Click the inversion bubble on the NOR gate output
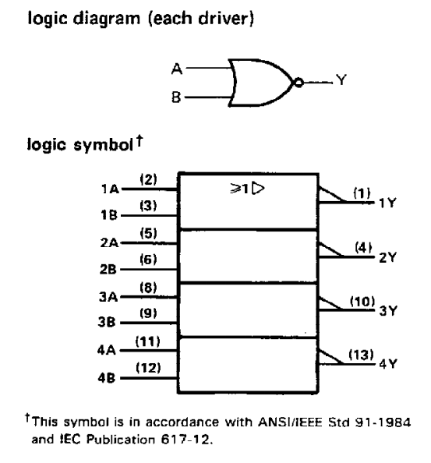point(299,83)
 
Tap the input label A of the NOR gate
point(177,69)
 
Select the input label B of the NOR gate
point(176,97)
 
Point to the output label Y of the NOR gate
point(341,80)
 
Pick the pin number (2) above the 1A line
point(149,179)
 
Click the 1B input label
point(109,215)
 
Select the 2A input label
point(109,242)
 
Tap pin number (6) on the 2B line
point(149,260)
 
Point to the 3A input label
point(108,297)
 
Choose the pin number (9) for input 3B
point(149,313)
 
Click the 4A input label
point(106,351)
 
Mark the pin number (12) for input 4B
point(148,368)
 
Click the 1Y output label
point(387,203)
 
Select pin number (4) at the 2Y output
point(363,247)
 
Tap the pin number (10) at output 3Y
point(362,302)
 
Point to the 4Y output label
point(388,364)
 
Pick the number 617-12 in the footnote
point(185,440)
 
